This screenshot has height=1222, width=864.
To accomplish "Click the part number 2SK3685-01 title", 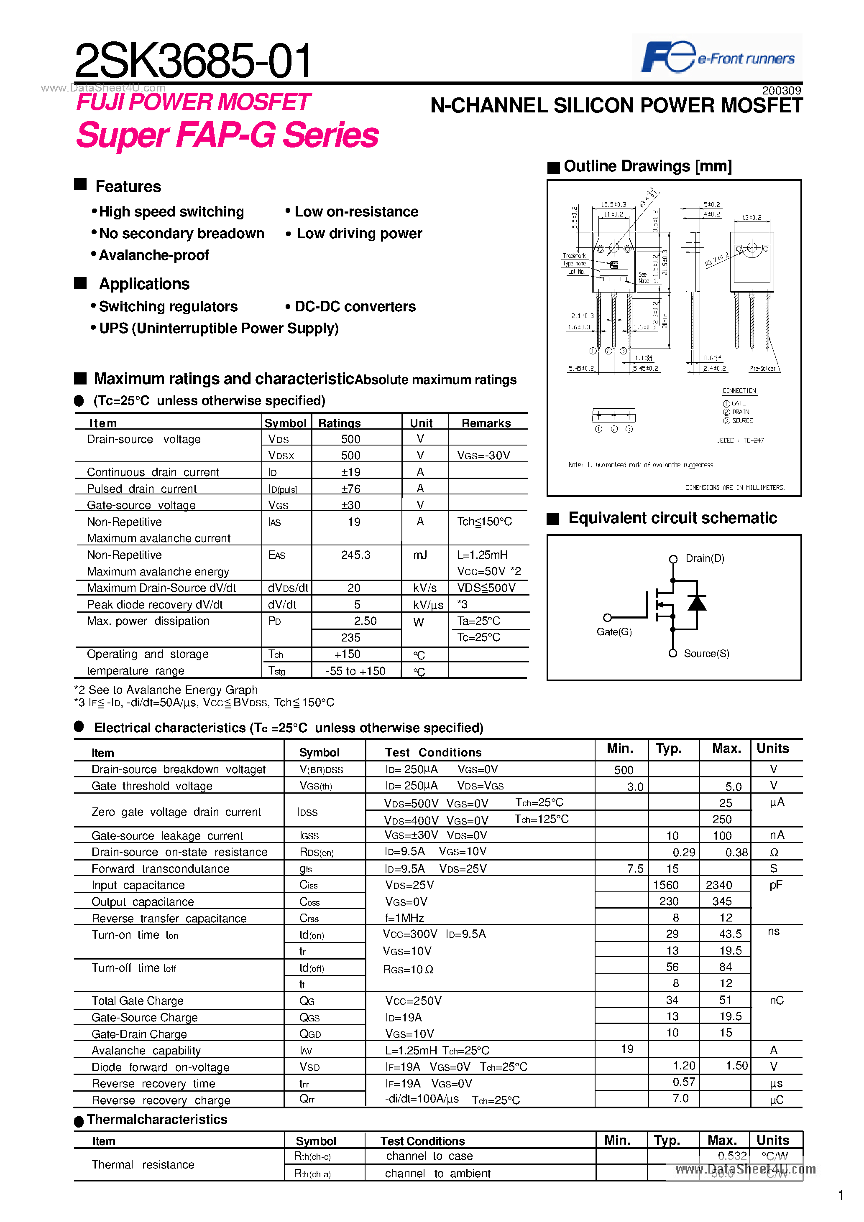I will (x=193, y=61).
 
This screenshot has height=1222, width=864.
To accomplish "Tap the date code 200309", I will (x=781, y=90).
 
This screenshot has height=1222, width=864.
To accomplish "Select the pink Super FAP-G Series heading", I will (x=227, y=135).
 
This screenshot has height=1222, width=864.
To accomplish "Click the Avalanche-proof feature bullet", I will (x=153, y=255).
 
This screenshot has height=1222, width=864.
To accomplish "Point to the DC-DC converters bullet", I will (x=355, y=307).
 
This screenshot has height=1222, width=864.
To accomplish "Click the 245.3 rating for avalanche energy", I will (x=355, y=555).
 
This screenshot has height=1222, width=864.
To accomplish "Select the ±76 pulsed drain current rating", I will (x=350, y=489).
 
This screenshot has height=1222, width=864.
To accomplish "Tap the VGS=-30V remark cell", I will (x=483, y=456).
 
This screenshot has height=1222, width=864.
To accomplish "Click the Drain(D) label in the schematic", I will (x=704, y=558).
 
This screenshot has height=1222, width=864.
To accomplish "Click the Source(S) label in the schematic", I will (x=706, y=654).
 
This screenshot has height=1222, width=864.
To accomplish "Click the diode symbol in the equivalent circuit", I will (x=697, y=603).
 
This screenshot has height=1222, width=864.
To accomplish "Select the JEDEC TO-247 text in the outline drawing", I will (x=740, y=440).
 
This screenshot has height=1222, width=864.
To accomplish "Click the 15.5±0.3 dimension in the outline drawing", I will (x=613, y=204).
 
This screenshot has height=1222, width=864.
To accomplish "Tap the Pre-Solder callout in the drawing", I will (x=762, y=368).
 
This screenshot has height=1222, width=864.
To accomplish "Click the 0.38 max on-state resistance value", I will (x=736, y=853).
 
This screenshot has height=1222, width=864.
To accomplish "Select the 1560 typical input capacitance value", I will (x=666, y=885).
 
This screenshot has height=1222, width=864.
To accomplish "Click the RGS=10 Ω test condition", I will (x=408, y=970).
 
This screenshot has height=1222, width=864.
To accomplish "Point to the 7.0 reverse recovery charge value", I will (x=680, y=1099).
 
